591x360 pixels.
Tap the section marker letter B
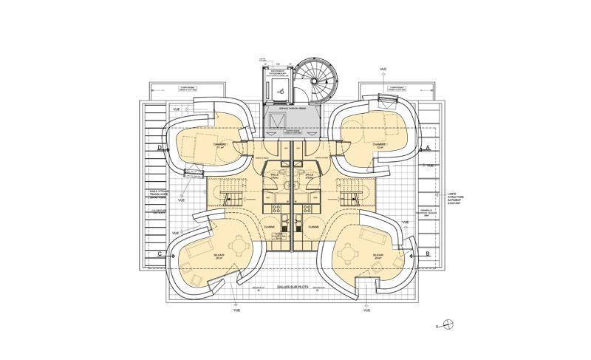point(428,254)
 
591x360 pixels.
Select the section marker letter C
point(160,254)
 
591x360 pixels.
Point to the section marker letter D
point(160,148)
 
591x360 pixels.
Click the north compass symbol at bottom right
point(451,323)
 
